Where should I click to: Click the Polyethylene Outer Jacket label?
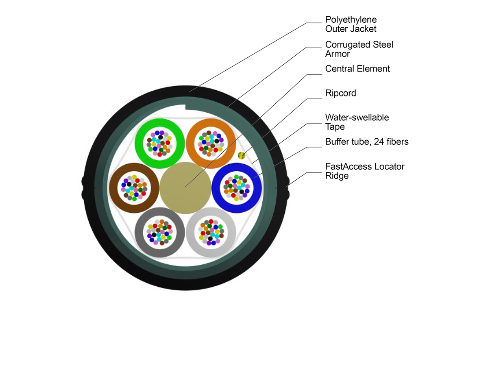(x=351, y=24)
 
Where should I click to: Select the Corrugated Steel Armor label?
(x=359, y=49)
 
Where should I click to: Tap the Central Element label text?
(x=357, y=69)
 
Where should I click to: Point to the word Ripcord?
(x=340, y=93)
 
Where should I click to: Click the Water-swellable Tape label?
(x=357, y=122)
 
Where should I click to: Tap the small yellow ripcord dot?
(x=241, y=155)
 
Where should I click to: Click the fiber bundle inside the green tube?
(x=159, y=143)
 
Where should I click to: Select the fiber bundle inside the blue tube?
(x=237, y=188)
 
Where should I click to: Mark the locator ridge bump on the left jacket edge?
(x=84, y=187)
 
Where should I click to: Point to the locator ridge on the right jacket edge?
(x=287, y=187)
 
